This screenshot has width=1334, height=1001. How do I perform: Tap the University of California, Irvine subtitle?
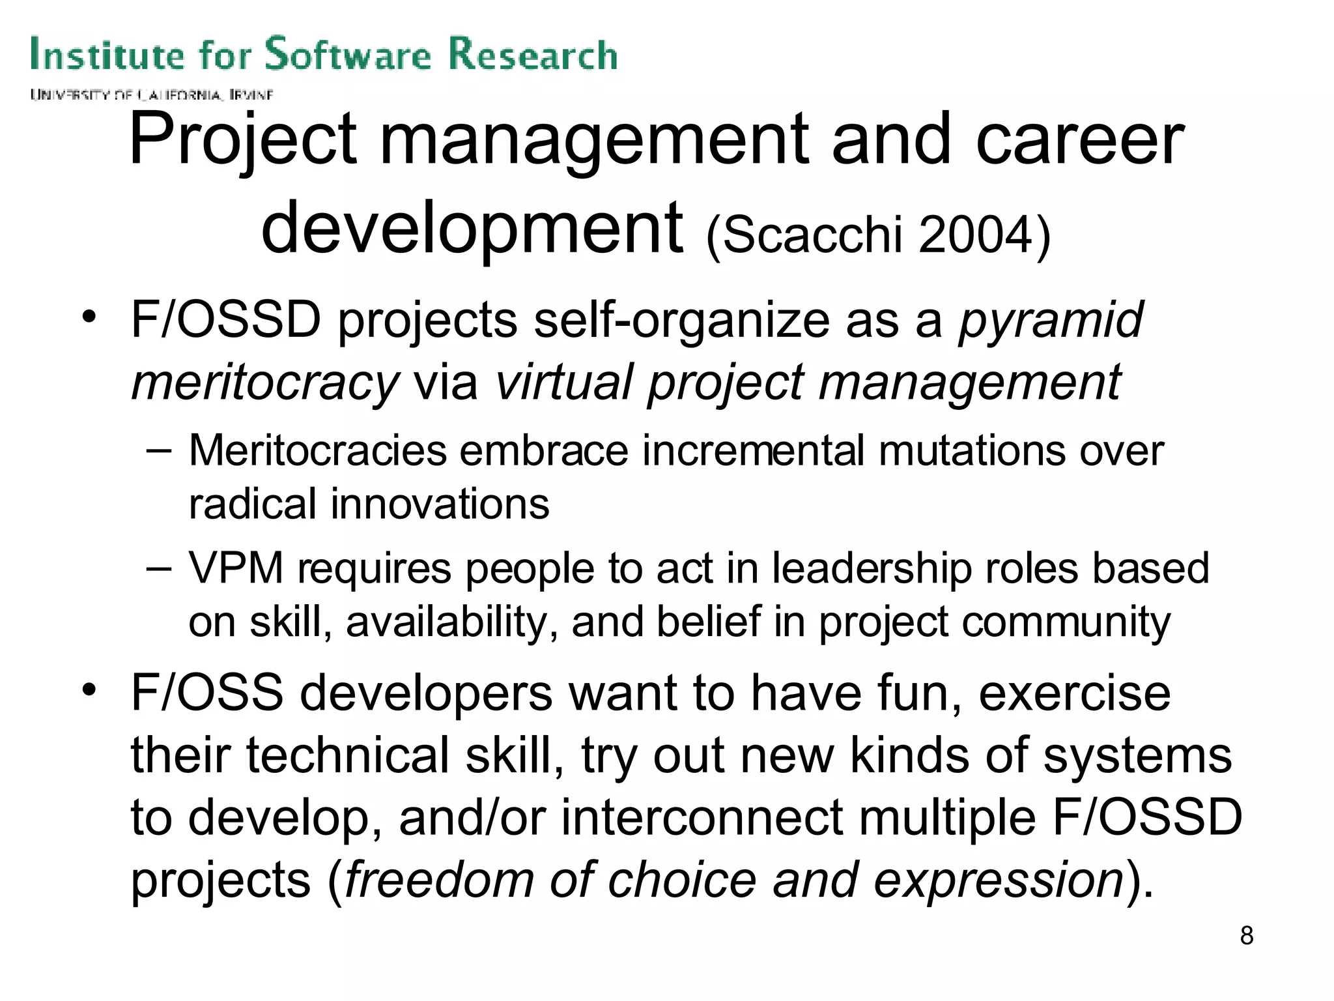coord(151,95)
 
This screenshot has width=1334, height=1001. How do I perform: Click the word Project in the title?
coord(242,140)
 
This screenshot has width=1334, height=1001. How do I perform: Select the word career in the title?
coord(1079,140)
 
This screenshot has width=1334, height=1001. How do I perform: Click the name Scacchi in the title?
coord(811,235)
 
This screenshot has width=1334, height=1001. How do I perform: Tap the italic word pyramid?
coord(1050,321)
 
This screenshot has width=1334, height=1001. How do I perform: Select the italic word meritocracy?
coord(264,383)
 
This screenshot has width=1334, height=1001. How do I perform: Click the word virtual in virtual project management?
coord(564,383)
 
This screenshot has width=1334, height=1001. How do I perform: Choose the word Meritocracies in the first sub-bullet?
coord(318,451)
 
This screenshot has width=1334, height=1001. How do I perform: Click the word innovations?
coord(440,504)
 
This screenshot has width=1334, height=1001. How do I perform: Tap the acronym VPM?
coord(236,568)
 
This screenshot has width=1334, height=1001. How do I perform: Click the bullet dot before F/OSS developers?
coord(89,689)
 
